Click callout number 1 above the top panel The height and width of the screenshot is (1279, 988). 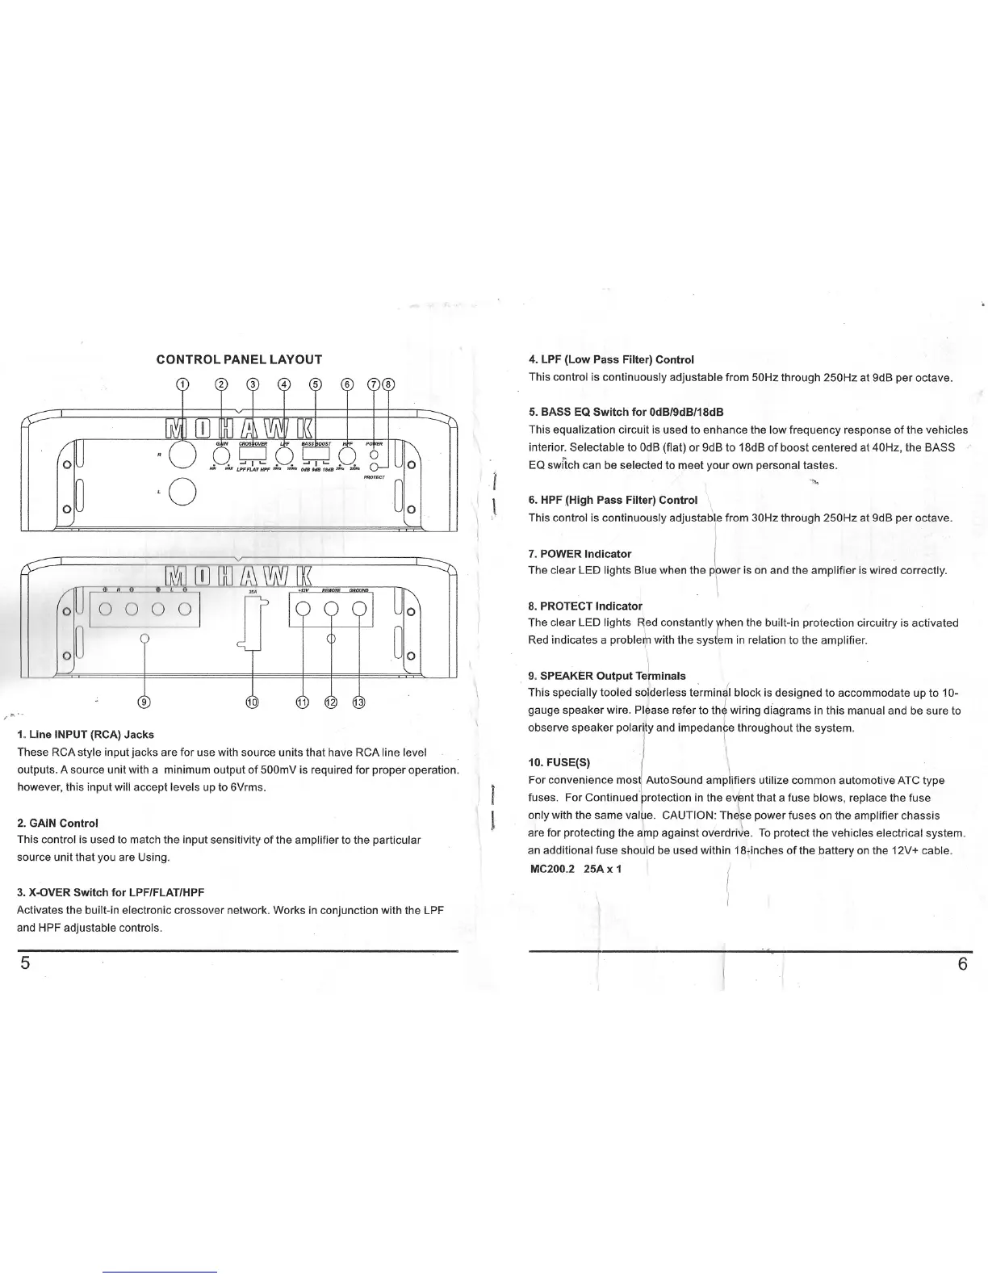(x=183, y=384)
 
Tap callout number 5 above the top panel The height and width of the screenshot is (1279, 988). (x=315, y=384)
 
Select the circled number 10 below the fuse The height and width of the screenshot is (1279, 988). (x=253, y=702)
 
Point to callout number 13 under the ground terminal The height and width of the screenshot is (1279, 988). (x=359, y=702)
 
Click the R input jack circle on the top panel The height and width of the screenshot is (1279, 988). (x=184, y=455)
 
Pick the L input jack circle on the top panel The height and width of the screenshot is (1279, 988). (x=184, y=490)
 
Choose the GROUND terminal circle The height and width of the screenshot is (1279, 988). (x=359, y=610)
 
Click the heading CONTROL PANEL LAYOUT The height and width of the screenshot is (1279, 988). (x=239, y=359)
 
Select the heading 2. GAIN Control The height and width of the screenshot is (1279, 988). (x=57, y=823)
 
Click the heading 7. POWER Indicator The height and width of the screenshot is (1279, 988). (x=579, y=553)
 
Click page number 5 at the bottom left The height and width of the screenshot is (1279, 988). (x=25, y=967)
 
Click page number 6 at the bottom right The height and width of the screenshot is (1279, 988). (x=962, y=967)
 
